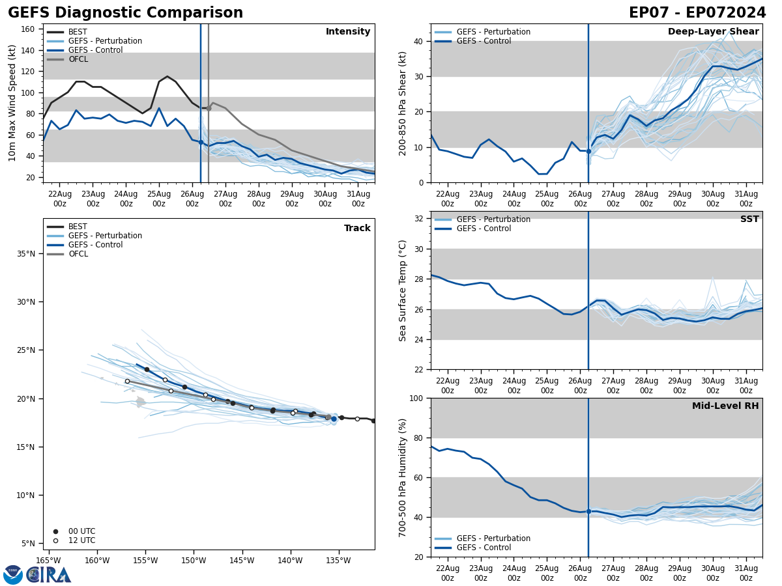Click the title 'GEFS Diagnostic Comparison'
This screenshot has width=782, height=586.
[125, 13]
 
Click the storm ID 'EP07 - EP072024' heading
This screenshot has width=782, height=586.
[697, 13]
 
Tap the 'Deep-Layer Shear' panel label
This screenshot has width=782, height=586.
[713, 32]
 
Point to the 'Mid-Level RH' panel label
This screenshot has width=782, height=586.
[725, 406]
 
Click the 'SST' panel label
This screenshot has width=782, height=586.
[749, 219]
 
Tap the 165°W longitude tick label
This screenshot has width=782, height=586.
[48, 560]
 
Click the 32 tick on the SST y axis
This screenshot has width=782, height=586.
[420, 218]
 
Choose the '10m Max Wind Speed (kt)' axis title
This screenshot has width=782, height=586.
[13, 103]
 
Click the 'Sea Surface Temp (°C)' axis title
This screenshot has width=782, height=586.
[403, 290]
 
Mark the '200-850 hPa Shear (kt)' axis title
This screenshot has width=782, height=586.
[403, 103]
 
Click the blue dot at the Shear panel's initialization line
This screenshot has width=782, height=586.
[588, 151]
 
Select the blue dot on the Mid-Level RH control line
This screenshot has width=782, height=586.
[588, 511]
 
